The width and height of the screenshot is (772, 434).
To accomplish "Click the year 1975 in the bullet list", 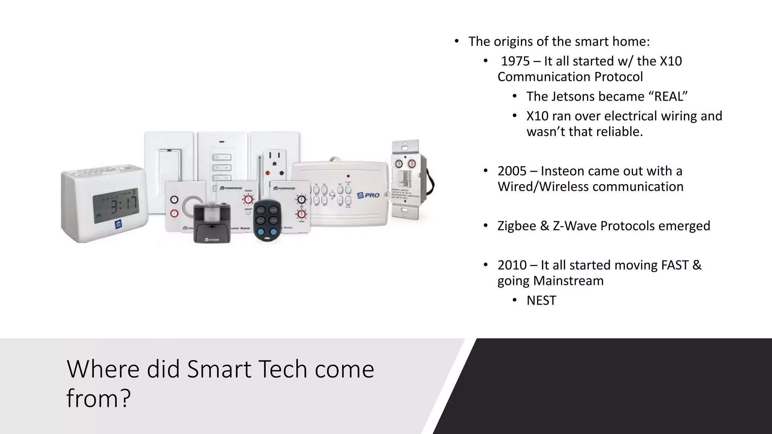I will [x=515, y=61].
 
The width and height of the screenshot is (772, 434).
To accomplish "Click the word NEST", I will [x=541, y=301].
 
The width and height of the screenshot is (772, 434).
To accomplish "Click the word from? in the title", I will [x=98, y=398].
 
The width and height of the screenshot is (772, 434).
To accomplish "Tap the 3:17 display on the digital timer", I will [x=124, y=206].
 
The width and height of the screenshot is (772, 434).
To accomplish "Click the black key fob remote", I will [x=267, y=220].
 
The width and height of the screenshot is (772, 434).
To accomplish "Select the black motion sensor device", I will [x=212, y=223].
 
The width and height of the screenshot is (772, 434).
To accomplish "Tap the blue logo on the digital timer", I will [x=119, y=225].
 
